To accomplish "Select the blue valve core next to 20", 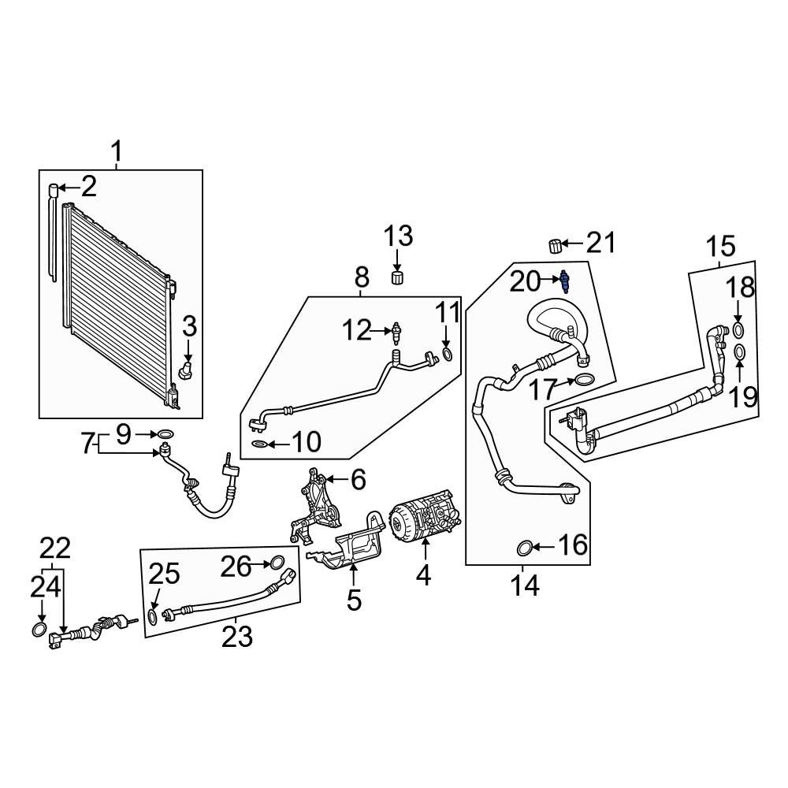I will (564, 281).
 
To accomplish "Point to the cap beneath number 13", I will (398, 277).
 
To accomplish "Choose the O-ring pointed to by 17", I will (582, 381).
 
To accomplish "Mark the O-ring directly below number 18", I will (738, 329).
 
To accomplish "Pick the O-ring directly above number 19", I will (739, 351).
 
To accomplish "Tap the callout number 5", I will (354, 600).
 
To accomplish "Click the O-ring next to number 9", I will (165, 433).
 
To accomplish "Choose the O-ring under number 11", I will (447, 355).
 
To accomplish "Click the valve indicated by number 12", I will (397, 333).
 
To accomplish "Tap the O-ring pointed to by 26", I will (276, 563).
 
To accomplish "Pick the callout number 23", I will (236, 636).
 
